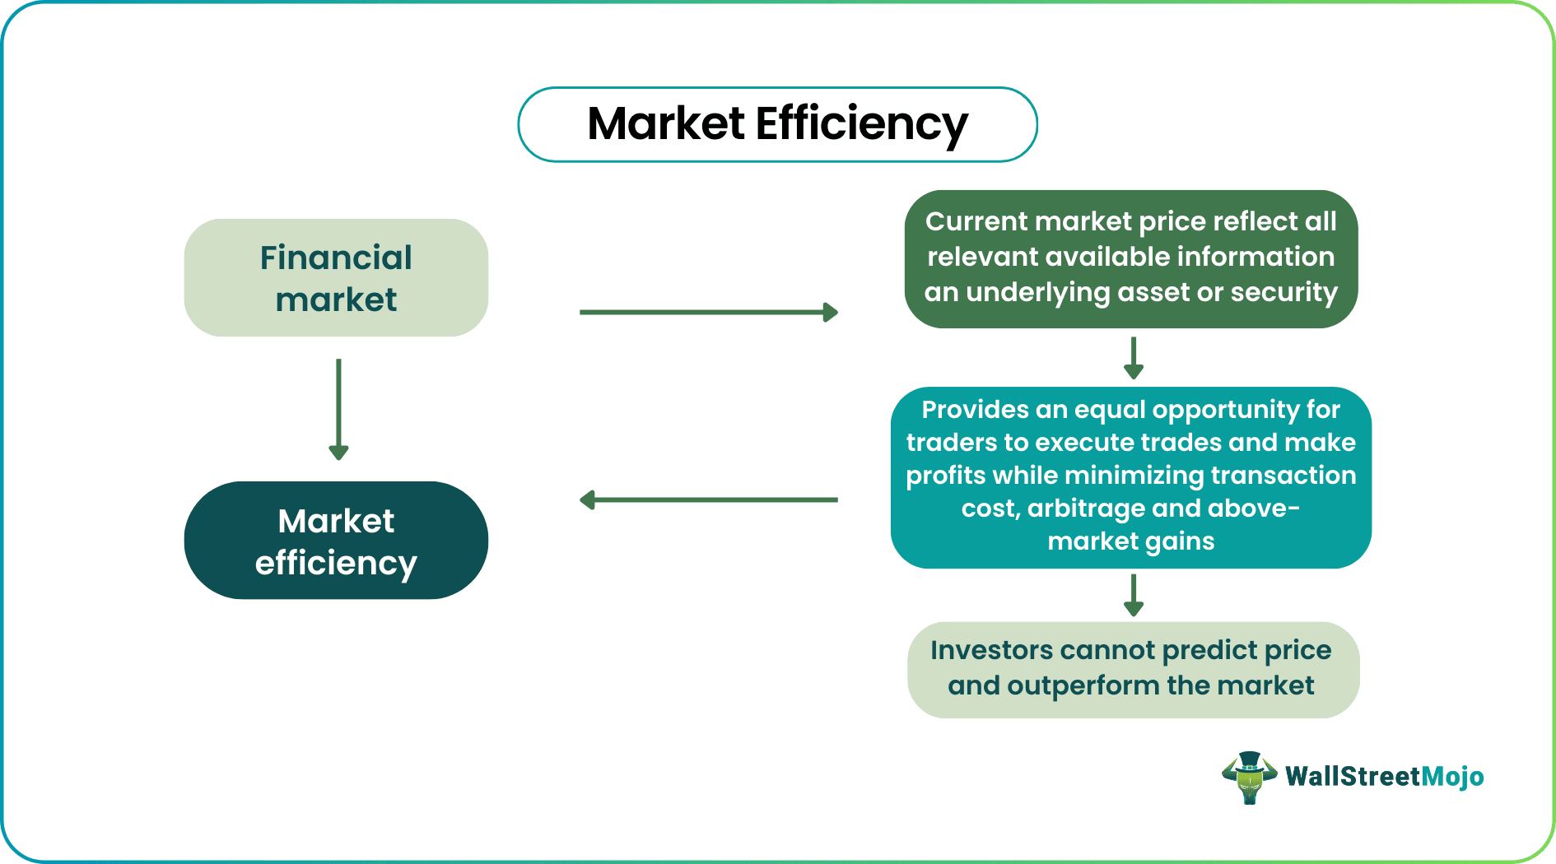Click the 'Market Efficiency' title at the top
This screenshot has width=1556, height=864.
click(777, 124)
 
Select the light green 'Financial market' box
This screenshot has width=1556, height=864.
click(336, 277)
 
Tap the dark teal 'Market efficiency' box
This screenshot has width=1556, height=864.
click(336, 541)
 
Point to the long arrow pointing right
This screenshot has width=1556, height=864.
click(708, 313)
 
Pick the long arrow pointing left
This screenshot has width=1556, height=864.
click(708, 499)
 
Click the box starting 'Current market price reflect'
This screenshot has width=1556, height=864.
click(1130, 258)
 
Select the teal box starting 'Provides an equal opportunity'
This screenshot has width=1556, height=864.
click(1130, 477)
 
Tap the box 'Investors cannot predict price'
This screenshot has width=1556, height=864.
click(1132, 669)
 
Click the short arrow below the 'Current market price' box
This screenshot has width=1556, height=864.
click(1134, 358)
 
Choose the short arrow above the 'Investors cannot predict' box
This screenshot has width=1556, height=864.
click(1134, 595)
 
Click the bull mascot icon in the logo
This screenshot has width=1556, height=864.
click(1249, 777)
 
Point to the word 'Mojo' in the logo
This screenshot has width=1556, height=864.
click(1452, 777)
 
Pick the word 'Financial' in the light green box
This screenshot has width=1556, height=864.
click(336, 258)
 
